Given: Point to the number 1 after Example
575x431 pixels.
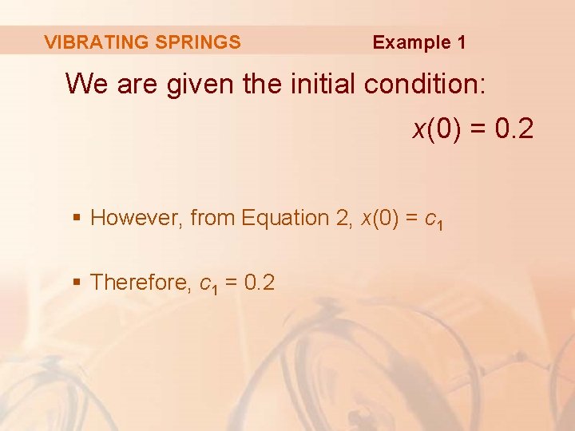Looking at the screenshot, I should [461, 42].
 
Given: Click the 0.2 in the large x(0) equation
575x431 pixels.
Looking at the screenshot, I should [514, 129].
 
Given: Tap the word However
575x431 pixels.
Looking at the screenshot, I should [137, 218].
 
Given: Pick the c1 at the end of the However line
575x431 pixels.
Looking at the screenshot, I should [434, 219].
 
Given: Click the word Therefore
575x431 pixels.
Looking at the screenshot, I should [140, 282].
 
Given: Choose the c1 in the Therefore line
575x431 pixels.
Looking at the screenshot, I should [208, 283].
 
